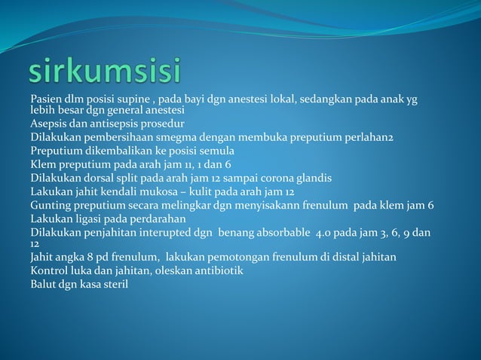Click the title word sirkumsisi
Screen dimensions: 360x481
tap(105, 73)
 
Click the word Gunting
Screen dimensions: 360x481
tap(51, 205)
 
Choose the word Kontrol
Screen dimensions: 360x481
tap(50, 270)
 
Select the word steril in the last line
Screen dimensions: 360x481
tap(114, 284)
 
